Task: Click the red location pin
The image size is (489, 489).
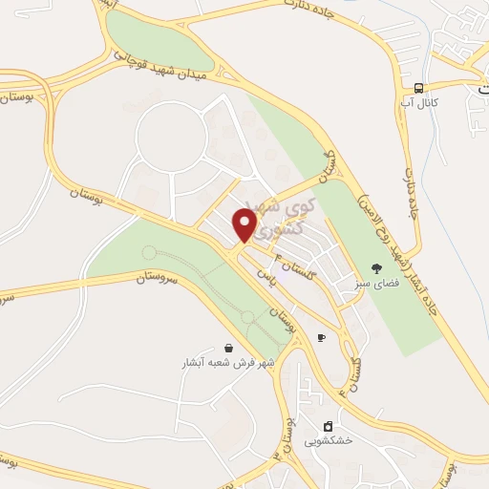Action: pyautogui.click(x=245, y=225)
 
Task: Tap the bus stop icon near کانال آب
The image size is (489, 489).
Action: pyautogui.click(x=419, y=86)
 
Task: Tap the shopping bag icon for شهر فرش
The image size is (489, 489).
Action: pyautogui.click(x=227, y=349)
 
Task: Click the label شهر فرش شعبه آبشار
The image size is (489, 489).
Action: pyautogui.click(x=229, y=363)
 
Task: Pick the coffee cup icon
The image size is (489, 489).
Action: pyautogui.click(x=321, y=337)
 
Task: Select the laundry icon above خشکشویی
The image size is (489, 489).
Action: pyautogui.click(x=328, y=426)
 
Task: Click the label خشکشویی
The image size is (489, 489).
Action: pyautogui.click(x=329, y=440)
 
